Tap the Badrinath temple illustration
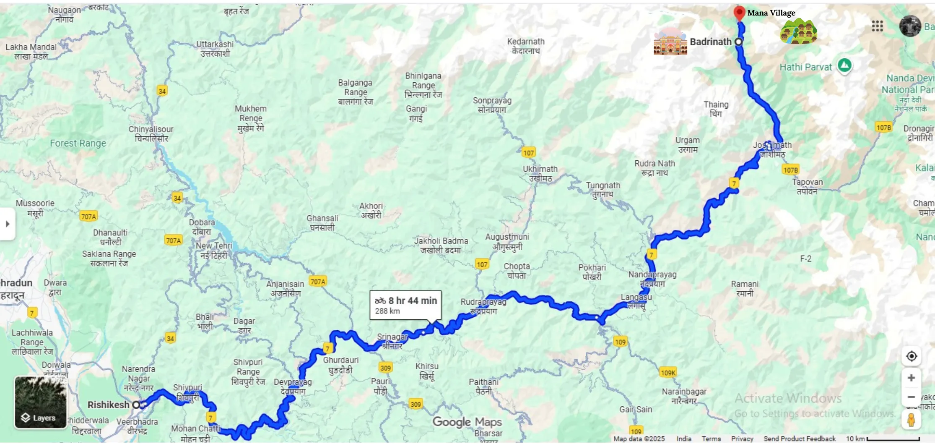click(670, 42)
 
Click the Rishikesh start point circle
click(137, 405)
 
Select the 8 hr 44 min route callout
click(405, 305)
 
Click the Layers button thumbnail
click(41, 402)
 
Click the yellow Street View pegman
click(911, 420)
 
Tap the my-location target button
click(911, 356)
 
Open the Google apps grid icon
click(877, 26)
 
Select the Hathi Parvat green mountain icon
click(844, 65)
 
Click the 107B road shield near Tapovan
click(790, 170)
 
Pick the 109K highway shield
click(668, 373)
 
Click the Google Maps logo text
click(467, 422)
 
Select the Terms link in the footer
click(711, 439)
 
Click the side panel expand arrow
click(8, 224)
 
